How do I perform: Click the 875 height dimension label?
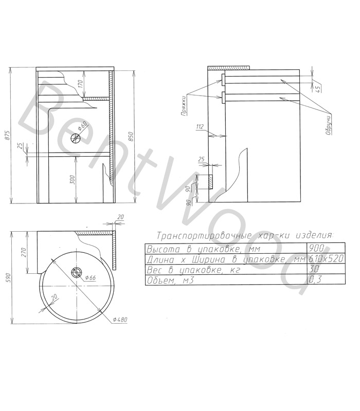pyautogui.click(x=8, y=135)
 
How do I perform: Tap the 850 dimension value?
pyautogui.click(x=131, y=137)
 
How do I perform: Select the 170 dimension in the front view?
pyautogui.click(x=81, y=84)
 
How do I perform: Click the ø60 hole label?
pyautogui.click(x=82, y=126)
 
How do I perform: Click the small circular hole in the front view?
pyautogui.click(x=76, y=138)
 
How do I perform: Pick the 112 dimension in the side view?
pyautogui.click(x=200, y=127)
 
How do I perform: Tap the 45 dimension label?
pyautogui.click(x=318, y=88)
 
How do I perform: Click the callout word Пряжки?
pyautogui.click(x=184, y=106)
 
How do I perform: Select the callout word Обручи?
pyautogui.click(x=328, y=125)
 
